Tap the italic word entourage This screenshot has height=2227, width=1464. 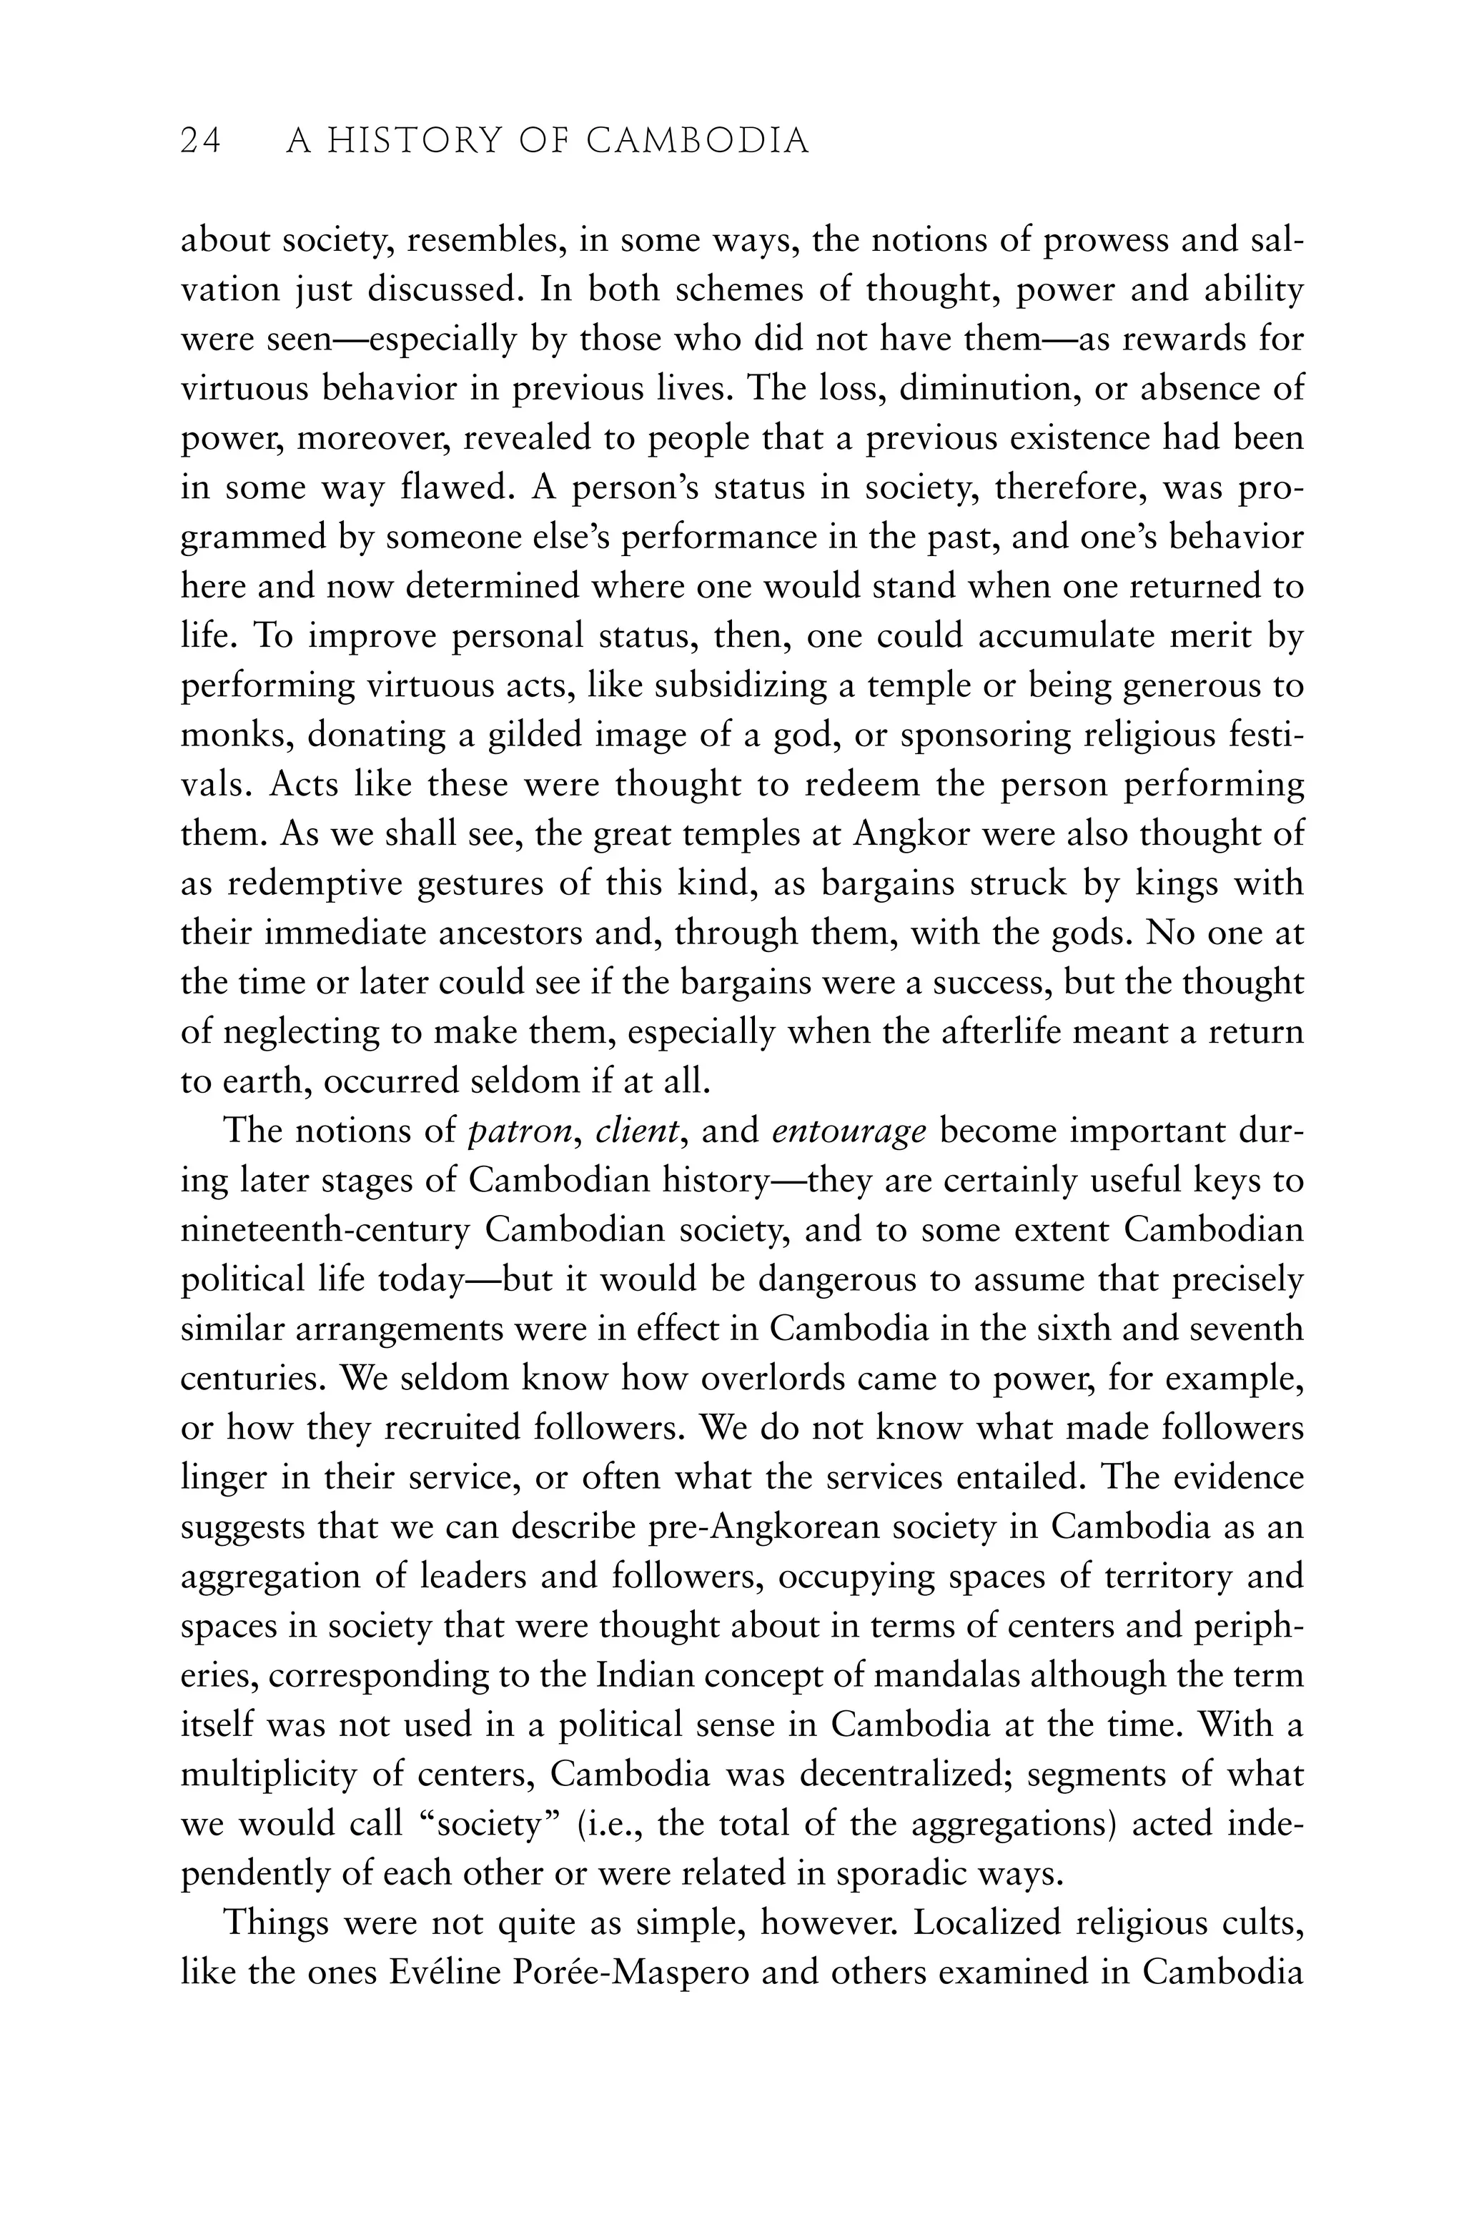(849, 1131)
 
